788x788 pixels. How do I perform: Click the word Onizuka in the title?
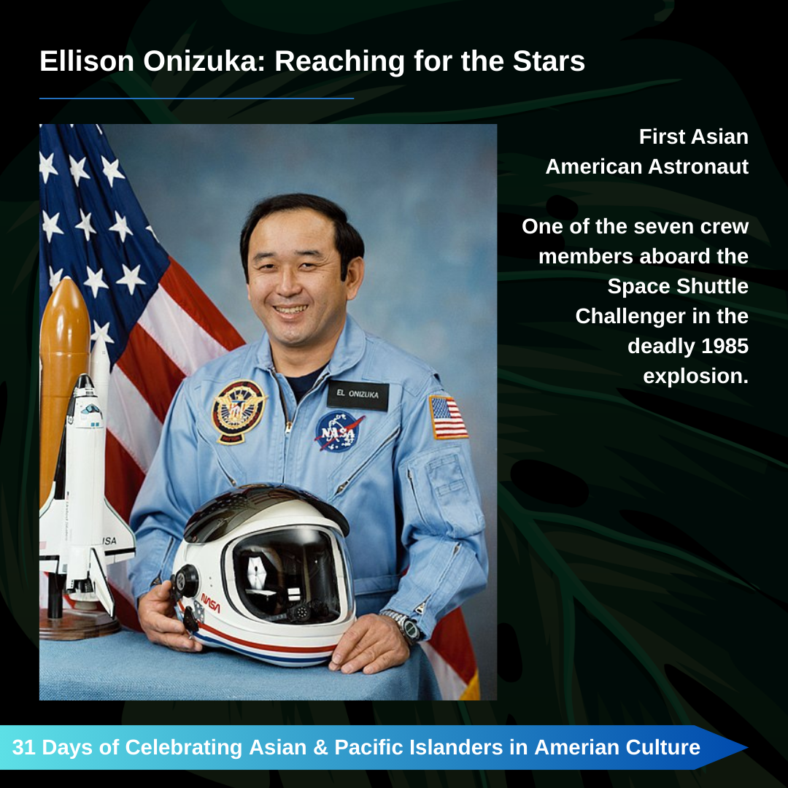point(204,61)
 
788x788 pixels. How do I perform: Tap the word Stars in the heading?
point(549,61)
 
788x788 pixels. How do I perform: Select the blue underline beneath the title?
point(196,98)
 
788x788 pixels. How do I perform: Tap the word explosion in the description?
point(695,376)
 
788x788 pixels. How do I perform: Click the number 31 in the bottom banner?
point(23,747)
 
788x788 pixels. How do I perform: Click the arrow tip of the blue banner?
point(747,747)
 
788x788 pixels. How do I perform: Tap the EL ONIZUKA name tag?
point(358,395)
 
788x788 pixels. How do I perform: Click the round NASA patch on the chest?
point(338,432)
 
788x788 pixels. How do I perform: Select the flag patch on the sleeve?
point(448,417)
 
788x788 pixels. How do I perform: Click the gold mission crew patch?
point(239,411)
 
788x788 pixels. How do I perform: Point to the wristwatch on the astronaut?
point(404,626)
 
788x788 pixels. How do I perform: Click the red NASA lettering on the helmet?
point(211,603)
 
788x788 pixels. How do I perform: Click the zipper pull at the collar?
point(288,428)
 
